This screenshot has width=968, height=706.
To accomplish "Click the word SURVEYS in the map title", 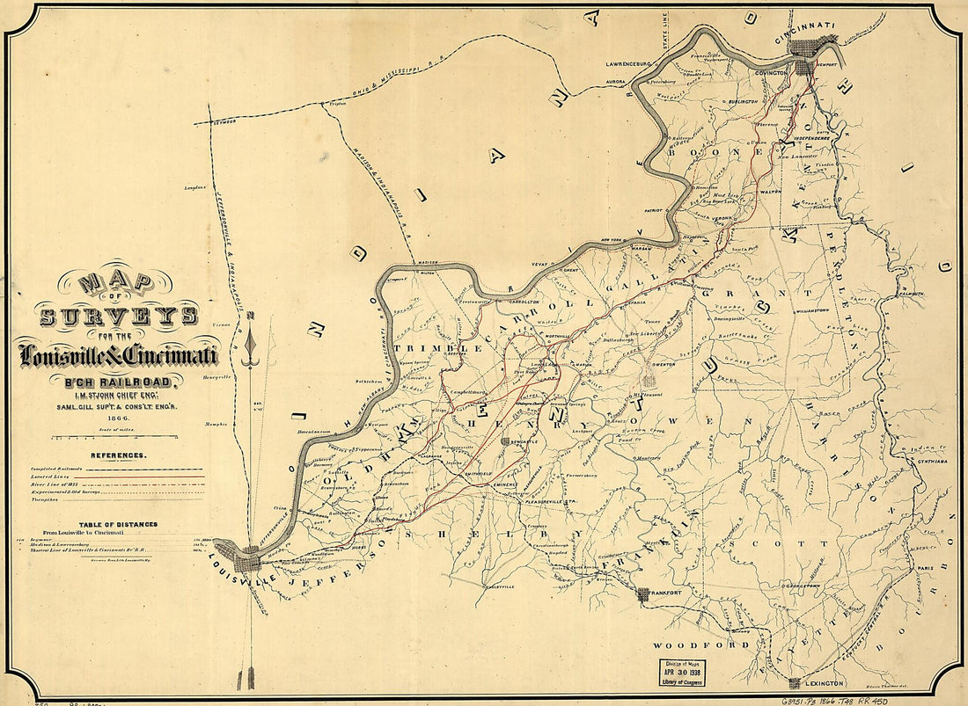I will tap(118, 314).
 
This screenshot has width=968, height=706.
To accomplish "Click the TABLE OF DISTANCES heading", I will tap(116, 524).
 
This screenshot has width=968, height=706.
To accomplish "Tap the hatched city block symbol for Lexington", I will tap(795, 682).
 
